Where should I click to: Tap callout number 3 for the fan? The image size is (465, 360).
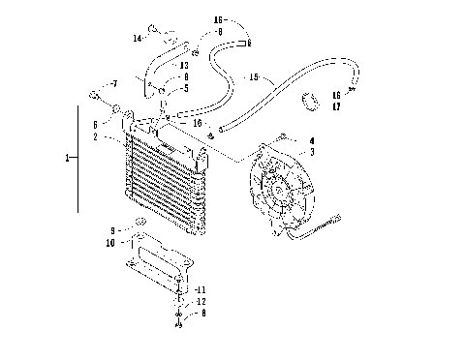tap(311, 152)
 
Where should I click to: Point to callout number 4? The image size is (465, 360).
tap(311, 141)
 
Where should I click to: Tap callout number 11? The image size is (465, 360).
tap(200, 289)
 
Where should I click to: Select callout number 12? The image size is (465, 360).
tap(200, 302)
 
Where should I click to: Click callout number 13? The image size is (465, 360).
tap(183, 65)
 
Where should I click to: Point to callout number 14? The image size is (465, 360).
tap(138, 38)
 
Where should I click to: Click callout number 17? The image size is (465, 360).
tap(336, 105)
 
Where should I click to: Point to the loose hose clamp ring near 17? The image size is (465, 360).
tap(312, 100)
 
